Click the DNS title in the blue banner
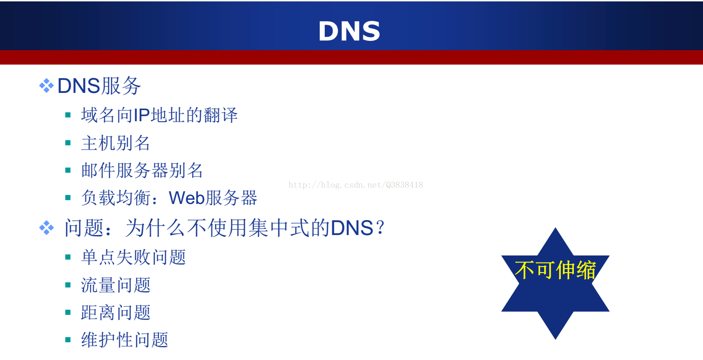pyautogui.click(x=349, y=31)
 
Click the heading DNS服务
pyautogui.click(x=99, y=85)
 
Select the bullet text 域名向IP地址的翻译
pyautogui.click(x=159, y=115)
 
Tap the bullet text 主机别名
pyautogui.click(x=116, y=143)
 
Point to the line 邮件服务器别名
pyautogui.click(x=142, y=170)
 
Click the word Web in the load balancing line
pyautogui.click(x=187, y=198)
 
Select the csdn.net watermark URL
pyautogui.click(x=355, y=185)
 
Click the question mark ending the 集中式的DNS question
pyautogui.click(x=380, y=227)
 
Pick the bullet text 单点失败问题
pyautogui.click(x=133, y=257)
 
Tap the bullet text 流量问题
pyautogui.click(x=116, y=285)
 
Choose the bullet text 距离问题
pyautogui.click(x=116, y=312)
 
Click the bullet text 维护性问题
pyautogui.click(x=125, y=340)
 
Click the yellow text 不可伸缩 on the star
pyautogui.click(x=555, y=270)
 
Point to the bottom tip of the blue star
pyautogui.click(x=555, y=339)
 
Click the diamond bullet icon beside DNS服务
pyautogui.click(x=46, y=85)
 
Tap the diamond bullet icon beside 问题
pyautogui.click(x=46, y=228)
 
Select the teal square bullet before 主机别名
pyautogui.click(x=68, y=143)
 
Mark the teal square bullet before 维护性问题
pyautogui.click(x=68, y=340)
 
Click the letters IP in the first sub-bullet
pyautogui.click(x=142, y=115)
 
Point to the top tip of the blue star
pyautogui.click(x=555, y=228)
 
